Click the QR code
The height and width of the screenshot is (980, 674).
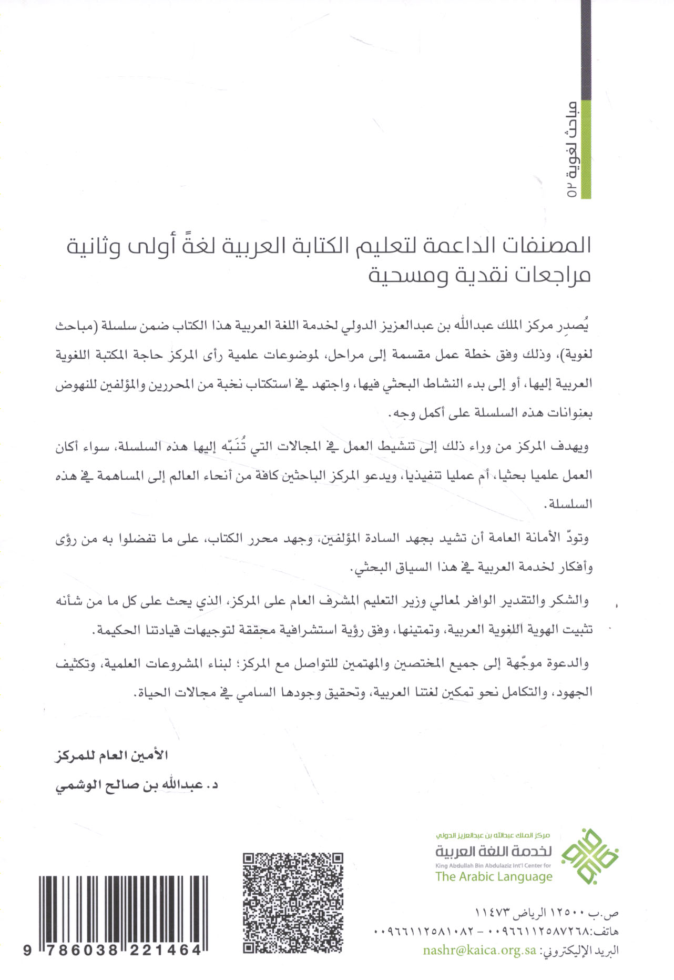[x=293, y=903]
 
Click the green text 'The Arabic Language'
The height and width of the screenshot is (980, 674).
[x=494, y=876]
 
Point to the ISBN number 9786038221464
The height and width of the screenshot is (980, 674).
[x=113, y=950]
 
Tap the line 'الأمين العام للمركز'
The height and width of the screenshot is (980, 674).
[x=111, y=755]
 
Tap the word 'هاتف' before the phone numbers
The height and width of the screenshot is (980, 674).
[x=605, y=932]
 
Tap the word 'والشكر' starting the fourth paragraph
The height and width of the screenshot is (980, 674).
[x=571, y=601]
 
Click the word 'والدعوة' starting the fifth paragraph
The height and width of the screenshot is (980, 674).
[x=568, y=663]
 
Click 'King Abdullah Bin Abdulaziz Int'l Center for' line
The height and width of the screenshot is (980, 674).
[x=493, y=865]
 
